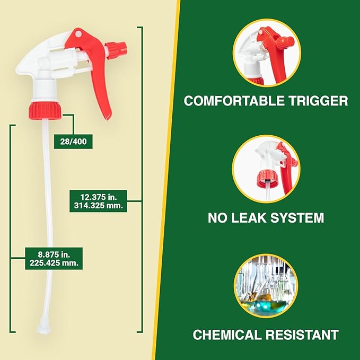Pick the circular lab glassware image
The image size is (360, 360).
point(266,285)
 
